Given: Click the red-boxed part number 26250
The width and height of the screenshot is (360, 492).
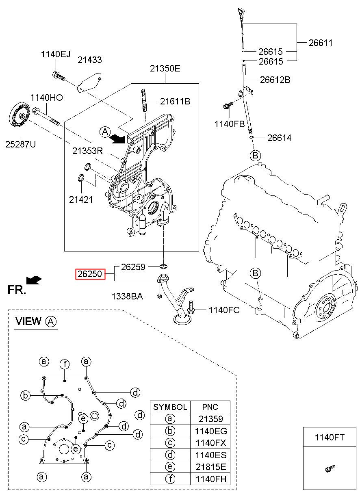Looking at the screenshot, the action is coord(90,274).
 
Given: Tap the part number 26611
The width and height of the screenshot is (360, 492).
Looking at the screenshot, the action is coord(321,43).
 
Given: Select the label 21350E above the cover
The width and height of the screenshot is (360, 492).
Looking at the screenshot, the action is coord(165,69).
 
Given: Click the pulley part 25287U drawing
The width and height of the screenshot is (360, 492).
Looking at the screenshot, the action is coord(20,115).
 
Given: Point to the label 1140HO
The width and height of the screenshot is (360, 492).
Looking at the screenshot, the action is coord(47,98).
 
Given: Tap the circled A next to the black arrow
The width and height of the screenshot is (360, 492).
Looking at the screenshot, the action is coord(105,132).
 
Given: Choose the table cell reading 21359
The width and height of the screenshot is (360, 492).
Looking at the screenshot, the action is coord(210,419).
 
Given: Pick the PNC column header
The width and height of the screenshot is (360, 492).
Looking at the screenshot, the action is coord(210,407).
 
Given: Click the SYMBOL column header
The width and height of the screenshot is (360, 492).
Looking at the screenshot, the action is coord(170,407).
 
